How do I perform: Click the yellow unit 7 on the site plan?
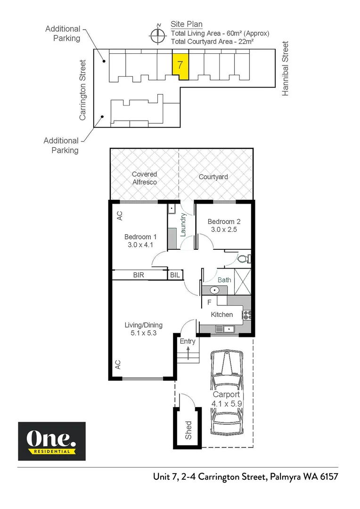click(x=180, y=66)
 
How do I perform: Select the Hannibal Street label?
click(x=285, y=69)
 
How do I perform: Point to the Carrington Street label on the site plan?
click(x=83, y=90)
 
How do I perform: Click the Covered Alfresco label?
click(x=144, y=178)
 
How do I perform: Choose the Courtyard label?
click(x=213, y=177)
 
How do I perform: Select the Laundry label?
click(x=184, y=224)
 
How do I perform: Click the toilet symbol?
click(x=243, y=259)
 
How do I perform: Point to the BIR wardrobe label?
click(x=139, y=275)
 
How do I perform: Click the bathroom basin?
click(x=213, y=290)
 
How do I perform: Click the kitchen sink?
click(x=224, y=328)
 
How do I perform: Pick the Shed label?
click(x=188, y=430)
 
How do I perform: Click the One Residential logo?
click(x=52, y=441)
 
